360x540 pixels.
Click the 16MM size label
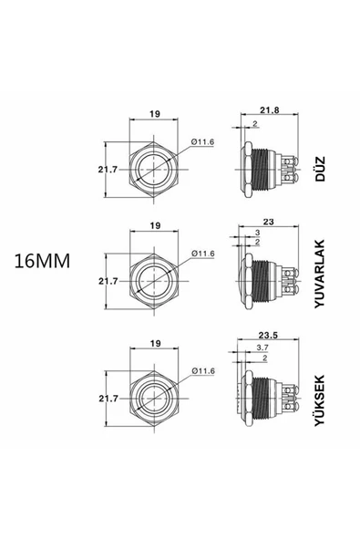pos(44,261)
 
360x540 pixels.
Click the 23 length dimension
pos(267,220)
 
